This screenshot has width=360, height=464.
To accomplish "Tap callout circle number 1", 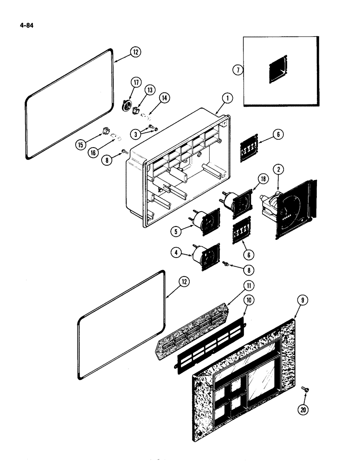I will click(227, 98).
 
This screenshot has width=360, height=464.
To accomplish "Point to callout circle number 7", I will click(237, 70).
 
